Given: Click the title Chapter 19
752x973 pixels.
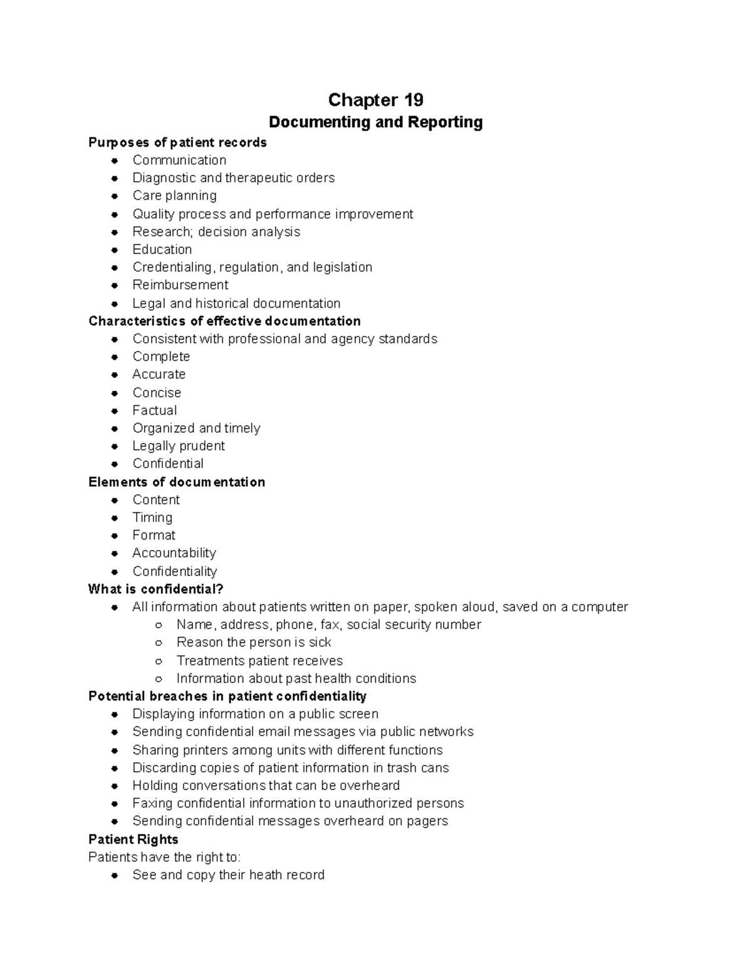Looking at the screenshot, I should tap(375, 100).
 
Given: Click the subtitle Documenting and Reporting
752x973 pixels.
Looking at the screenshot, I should tap(375, 122).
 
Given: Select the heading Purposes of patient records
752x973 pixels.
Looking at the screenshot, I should tap(177, 142).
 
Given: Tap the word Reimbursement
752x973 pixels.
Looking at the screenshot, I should tap(180, 285).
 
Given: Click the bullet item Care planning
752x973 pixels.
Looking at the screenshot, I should tap(174, 195).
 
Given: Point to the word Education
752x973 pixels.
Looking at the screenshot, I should tap(162, 249).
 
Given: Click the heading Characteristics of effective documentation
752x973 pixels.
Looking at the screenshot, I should tap(224, 321).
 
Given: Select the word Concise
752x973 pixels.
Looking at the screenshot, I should tap(157, 393).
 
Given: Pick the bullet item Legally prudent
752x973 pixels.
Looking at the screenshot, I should tap(178, 446).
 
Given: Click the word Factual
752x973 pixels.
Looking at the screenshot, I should tap(154, 410).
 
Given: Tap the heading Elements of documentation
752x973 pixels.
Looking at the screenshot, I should tap(177, 482).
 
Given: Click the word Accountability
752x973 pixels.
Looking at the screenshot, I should tap(174, 553).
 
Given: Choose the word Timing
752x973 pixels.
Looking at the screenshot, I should tap(152, 518).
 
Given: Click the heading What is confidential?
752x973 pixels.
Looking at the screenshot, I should tap(155, 589).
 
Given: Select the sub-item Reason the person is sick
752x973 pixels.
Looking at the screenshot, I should tap(253, 642).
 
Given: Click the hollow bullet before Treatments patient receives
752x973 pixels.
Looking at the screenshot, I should tap(159, 661).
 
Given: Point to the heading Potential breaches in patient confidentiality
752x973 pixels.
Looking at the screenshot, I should tap(227, 696).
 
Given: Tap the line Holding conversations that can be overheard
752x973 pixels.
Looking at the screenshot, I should tap(266, 786).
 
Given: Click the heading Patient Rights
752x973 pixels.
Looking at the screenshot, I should tap(133, 840).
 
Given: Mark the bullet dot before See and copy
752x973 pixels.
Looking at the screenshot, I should tap(115, 876).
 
